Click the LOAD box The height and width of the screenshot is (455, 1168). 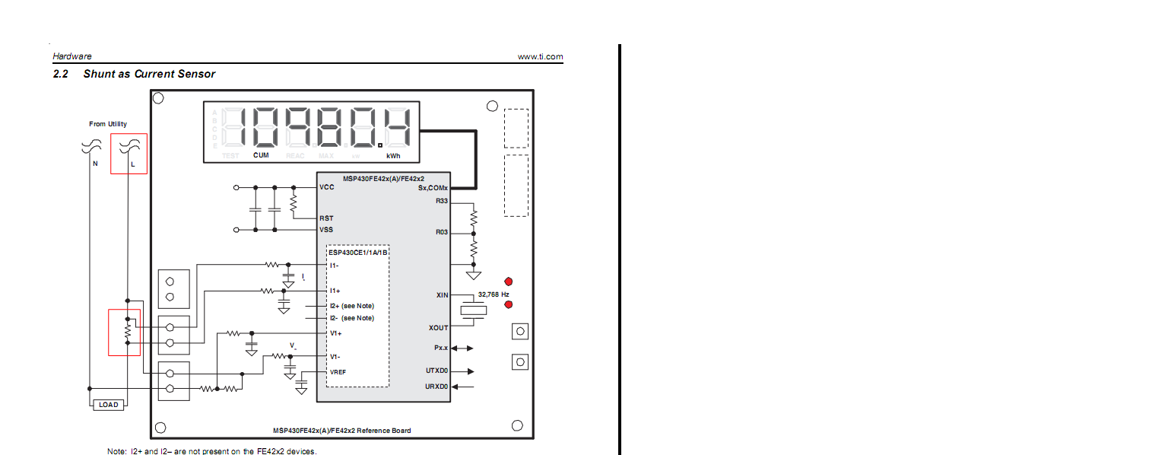tap(109, 405)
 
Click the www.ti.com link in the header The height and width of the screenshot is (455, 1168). tap(540, 56)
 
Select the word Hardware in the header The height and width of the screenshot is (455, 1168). tap(72, 56)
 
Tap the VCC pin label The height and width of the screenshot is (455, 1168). tap(327, 187)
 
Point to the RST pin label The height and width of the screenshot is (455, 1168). tap(326, 218)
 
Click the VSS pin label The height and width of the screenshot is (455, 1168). tap(326, 230)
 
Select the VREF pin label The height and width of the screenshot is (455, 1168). tap(338, 371)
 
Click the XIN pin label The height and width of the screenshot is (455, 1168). tap(442, 294)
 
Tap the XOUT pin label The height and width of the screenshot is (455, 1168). tap(439, 328)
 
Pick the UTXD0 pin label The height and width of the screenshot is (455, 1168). tap(437, 371)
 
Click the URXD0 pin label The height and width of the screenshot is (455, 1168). tap(437, 387)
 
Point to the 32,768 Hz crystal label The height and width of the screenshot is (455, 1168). tap(494, 294)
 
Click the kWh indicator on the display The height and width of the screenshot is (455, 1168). tap(393, 156)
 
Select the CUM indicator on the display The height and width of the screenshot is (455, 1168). tap(261, 156)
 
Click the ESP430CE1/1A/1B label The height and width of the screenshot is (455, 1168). tap(358, 251)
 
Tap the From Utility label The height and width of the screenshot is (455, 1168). tap(108, 124)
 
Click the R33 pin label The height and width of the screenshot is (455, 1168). tap(442, 201)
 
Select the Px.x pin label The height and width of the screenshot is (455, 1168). tap(440, 348)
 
